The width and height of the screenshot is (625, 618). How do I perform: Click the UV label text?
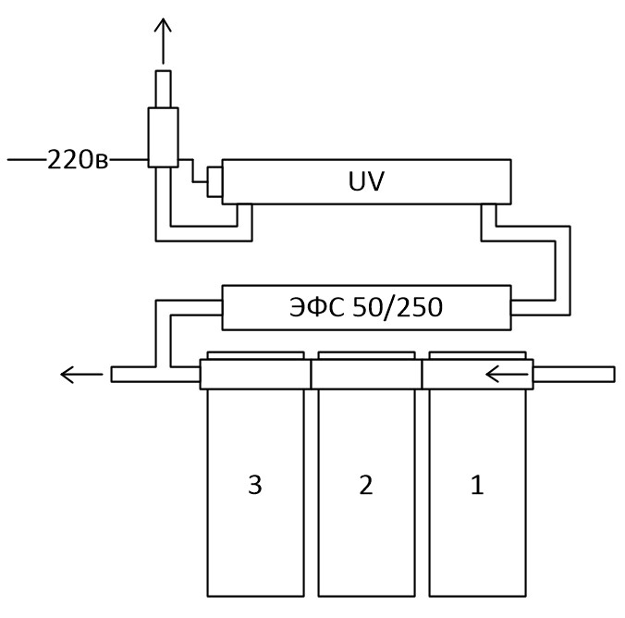(x=366, y=181)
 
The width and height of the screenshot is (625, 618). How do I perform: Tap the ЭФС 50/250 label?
(x=366, y=307)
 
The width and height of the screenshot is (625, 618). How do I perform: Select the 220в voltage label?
(x=78, y=160)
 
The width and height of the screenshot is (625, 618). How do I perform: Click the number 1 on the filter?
(x=477, y=485)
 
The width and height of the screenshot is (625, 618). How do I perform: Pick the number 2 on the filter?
(x=366, y=485)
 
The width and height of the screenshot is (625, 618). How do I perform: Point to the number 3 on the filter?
(x=255, y=485)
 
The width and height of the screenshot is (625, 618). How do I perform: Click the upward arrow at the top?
(x=163, y=41)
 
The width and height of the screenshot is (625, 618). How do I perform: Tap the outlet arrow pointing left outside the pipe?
(x=81, y=375)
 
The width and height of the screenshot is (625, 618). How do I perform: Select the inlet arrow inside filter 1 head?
(x=507, y=375)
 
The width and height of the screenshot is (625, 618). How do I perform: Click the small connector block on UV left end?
(x=214, y=182)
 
